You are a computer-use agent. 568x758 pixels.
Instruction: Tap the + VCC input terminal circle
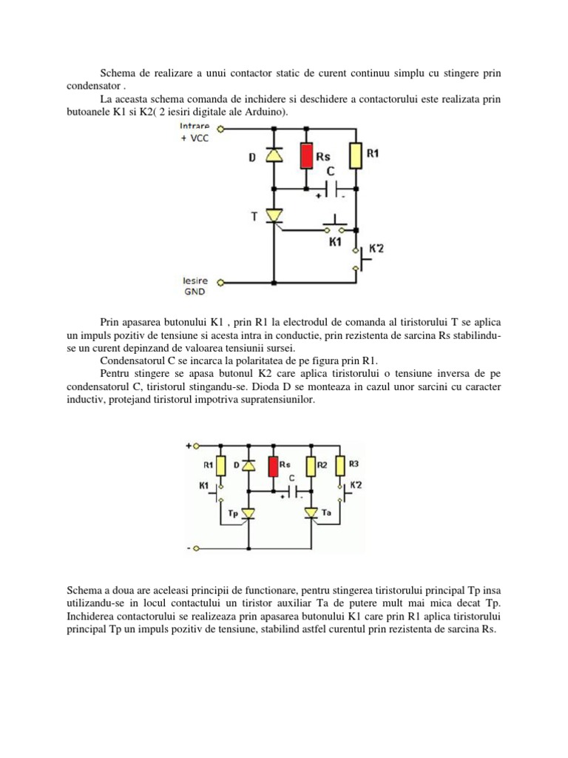(x=220, y=130)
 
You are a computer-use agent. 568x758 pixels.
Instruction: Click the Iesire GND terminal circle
(x=220, y=282)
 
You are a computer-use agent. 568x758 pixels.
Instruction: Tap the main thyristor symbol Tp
(x=248, y=513)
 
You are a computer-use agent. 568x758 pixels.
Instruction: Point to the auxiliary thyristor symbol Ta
(x=311, y=512)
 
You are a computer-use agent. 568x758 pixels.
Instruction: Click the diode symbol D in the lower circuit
(x=248, y=466)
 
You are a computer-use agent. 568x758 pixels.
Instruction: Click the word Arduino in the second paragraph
(x=266, y=112)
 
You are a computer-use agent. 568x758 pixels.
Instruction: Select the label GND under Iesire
(x=195, y=292)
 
